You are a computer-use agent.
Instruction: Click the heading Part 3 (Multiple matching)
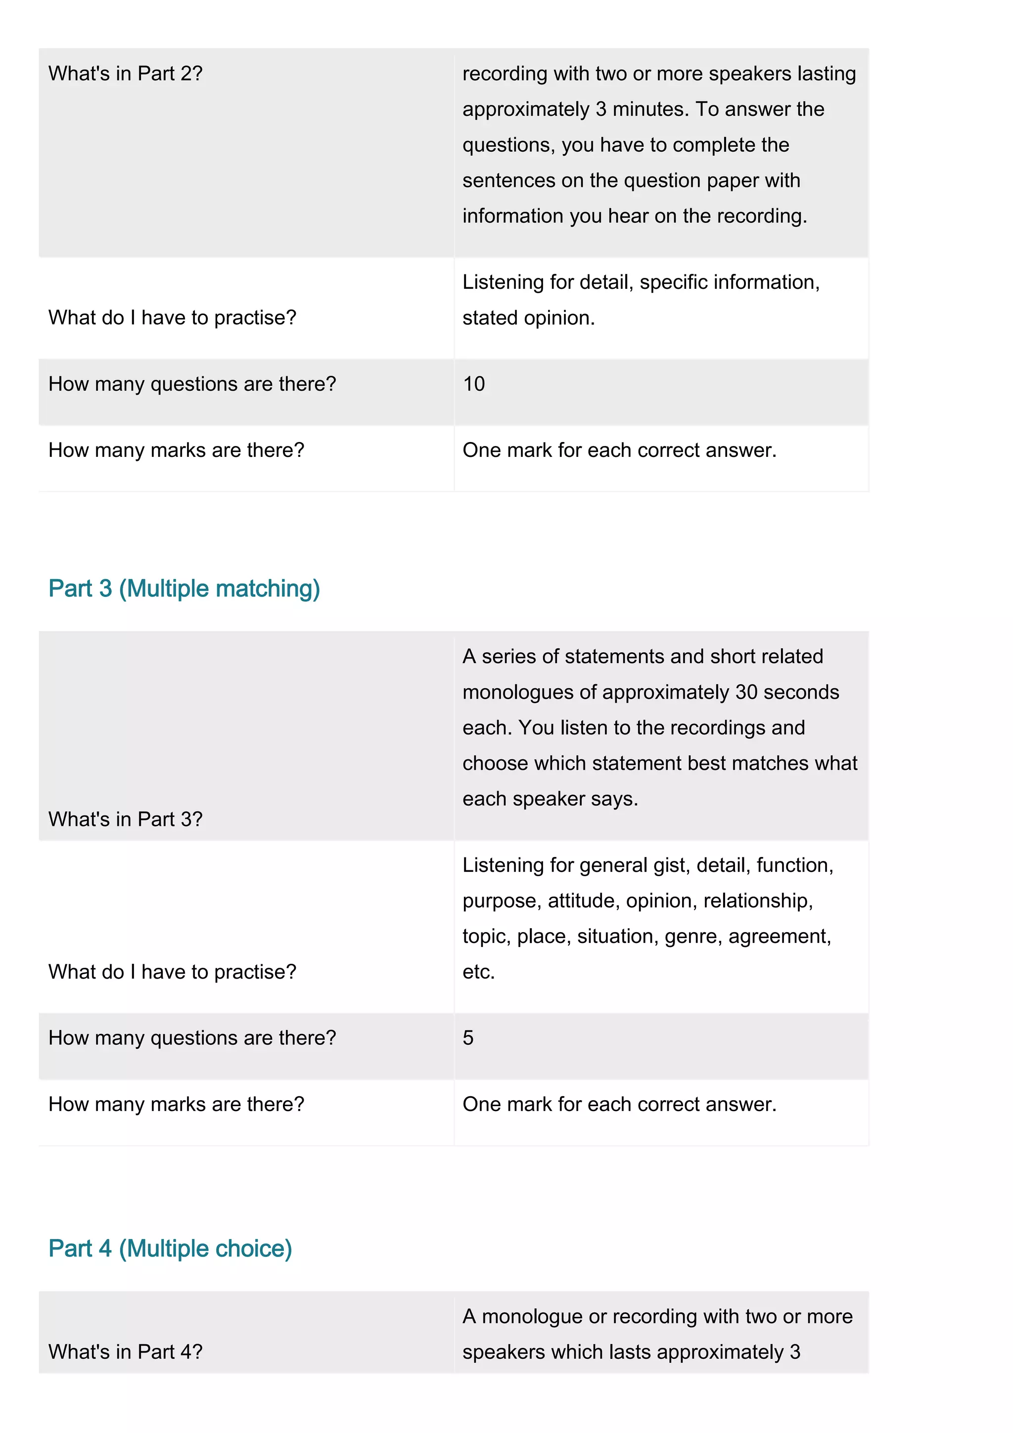[x=184, y=588]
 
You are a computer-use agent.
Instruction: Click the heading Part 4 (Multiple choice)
[x=170, y=1248]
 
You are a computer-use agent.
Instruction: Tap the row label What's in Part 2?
[x=126, y=74]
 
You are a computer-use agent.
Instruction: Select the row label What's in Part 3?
[x=126, y=819]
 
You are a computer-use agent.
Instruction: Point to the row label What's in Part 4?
[x=126, y=1351]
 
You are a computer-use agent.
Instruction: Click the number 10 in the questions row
[x=474, y=384]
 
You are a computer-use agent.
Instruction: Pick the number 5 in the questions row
[x=468, y=1037]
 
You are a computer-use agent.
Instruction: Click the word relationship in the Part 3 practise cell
[x=757, y=900]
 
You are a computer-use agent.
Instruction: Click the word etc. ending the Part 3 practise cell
[x=478, y=972]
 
